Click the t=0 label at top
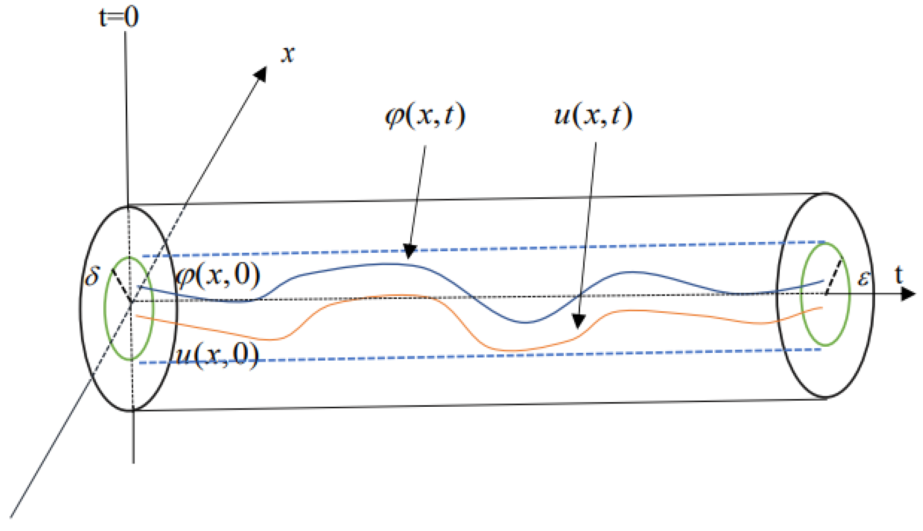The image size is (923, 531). [x=119, y=18]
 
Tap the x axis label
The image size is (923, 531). [x=288, y=54]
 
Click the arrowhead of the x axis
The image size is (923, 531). [x=261, y=74]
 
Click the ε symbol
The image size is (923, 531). [x=863, y=278]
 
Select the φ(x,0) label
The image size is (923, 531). [x=218, y=276]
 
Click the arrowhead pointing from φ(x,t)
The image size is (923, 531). [x=409, y=251]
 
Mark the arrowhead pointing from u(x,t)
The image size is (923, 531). [x=579, y=321]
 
